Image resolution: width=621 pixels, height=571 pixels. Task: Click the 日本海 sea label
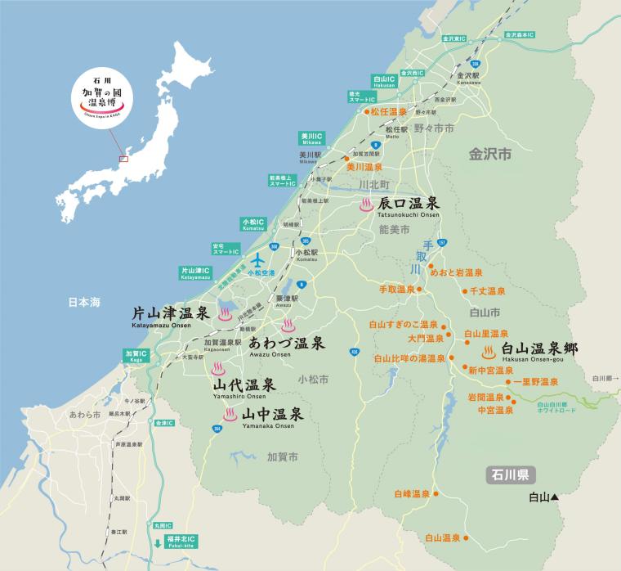[x=83, y=303]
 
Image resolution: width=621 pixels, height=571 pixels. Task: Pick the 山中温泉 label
[x=273, y=414]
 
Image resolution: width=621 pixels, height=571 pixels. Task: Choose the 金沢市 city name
[x=489, y=153]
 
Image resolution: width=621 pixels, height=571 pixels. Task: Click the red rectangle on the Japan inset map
[x=124, y=159]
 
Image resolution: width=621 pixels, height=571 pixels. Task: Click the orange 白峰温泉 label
[x=411, y=494]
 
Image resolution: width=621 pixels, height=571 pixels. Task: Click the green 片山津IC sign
[x=196, y=273]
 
